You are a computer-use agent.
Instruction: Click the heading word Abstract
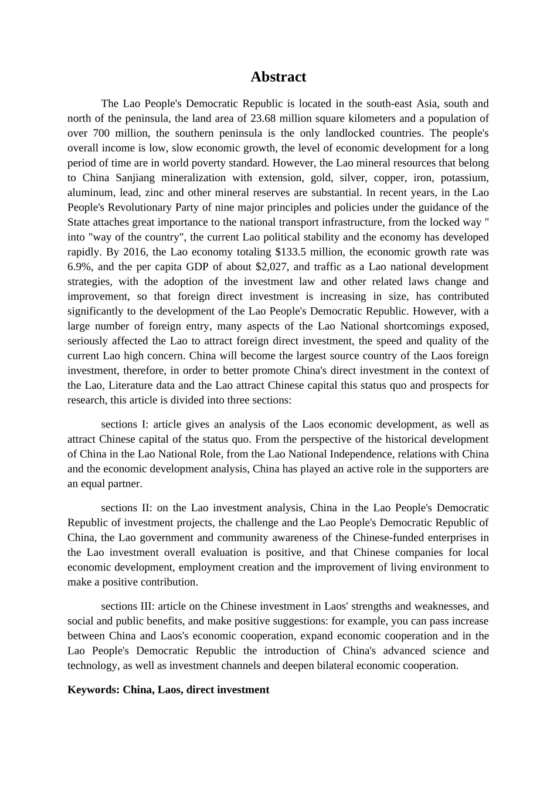tap(278, 77)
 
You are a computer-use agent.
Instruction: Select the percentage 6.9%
tap(77, 267)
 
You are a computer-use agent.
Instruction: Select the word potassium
tap(464, 178)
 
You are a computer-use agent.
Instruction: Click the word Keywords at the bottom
tap(93, 689)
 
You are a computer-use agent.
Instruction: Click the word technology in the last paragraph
tap(93, 665)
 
